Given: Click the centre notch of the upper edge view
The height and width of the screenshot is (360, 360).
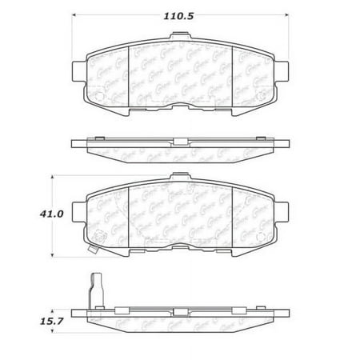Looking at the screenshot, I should (x=180, y=145).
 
